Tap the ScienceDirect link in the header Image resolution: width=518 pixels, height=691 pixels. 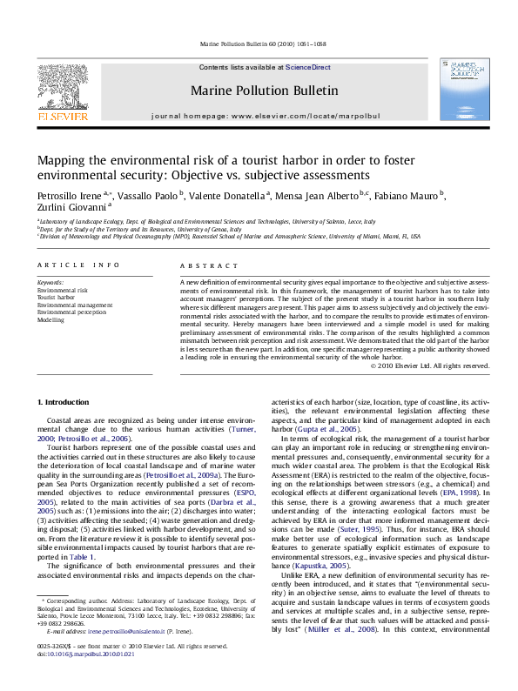[308, 67]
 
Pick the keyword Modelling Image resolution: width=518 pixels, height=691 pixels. [50, 319]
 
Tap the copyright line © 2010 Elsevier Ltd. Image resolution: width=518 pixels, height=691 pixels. [441, 366]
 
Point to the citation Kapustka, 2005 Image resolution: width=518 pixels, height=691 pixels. [301, 566]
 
